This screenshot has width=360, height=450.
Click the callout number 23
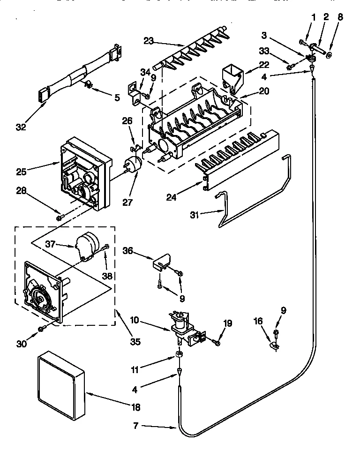pos(149,41)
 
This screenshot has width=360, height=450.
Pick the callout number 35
pos(135,341)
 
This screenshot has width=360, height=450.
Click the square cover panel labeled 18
pos(60,387)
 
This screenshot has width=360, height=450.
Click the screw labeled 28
pos(60,217)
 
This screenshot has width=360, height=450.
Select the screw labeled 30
pos(43,329)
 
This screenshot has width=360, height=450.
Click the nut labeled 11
pos(180,353)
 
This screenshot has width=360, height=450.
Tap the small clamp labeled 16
pos(275,346)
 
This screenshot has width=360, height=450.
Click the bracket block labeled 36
pos(160,264)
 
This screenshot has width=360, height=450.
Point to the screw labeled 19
pos(217,343)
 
